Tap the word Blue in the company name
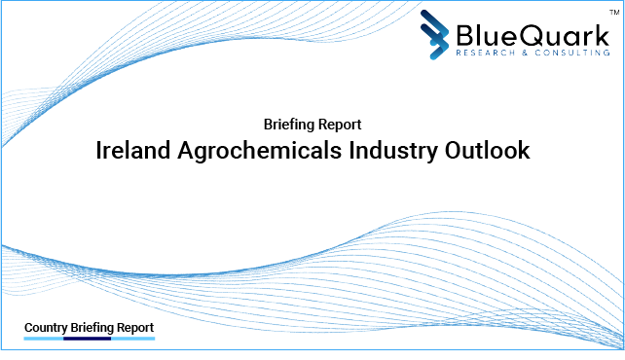[x=481, y=34]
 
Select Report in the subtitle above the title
[x=341, y=125]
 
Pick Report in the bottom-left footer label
[x=135, y=328]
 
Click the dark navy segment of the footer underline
[x=87, y=340]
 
